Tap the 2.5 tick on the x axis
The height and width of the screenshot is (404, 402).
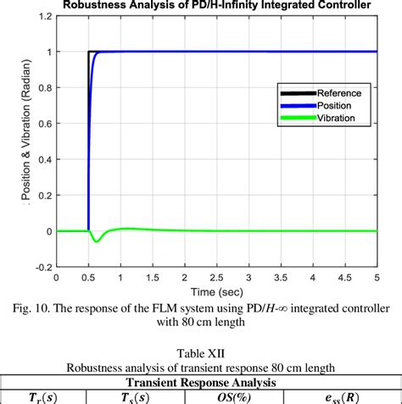[217, 276]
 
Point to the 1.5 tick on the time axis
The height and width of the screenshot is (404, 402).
[153, 276]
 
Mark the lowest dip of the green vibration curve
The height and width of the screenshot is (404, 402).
[96, 241]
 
